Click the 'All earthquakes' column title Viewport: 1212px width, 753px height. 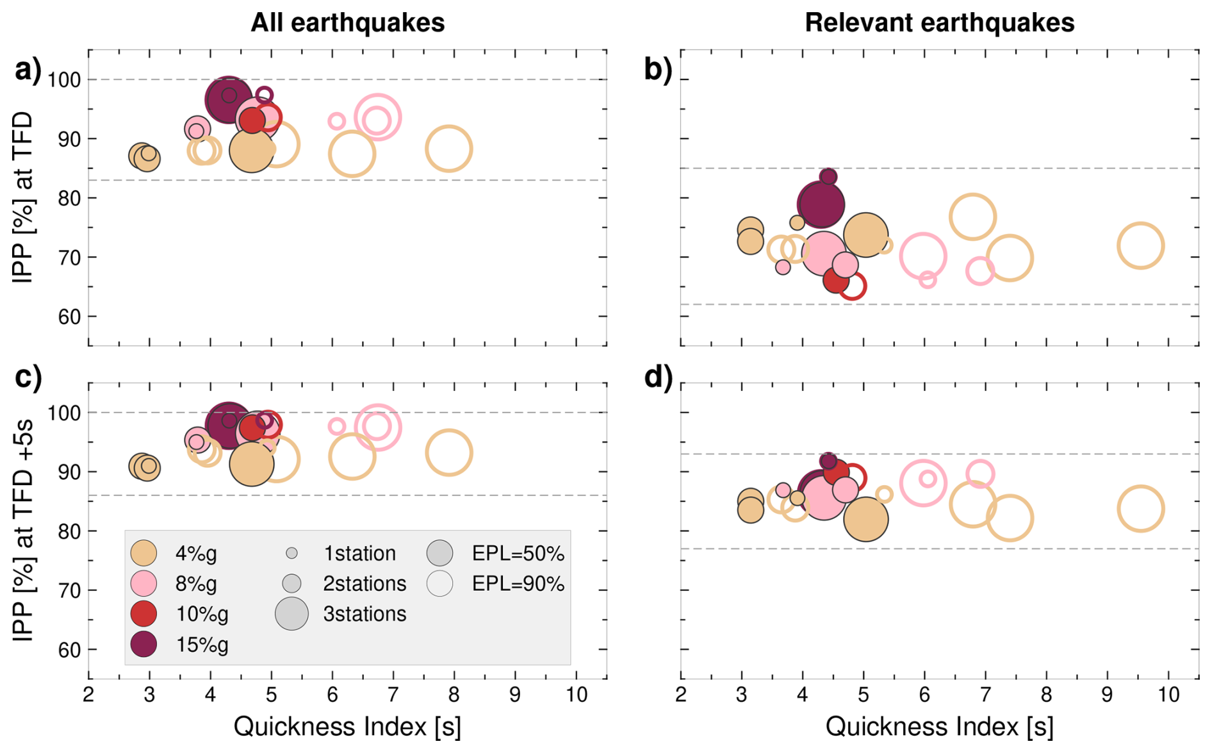tap(347, 23)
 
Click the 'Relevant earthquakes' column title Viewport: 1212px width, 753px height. tap(939, 23)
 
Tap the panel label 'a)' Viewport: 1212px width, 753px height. tap(28, 69)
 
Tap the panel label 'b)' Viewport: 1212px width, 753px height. tap(658, 69)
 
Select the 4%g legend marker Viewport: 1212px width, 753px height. tap(143, 553)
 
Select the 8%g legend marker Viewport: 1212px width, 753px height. tap(143, 583)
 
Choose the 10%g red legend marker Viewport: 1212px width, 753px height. tap(143, 613)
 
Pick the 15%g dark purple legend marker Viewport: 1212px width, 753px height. tap(143, 644)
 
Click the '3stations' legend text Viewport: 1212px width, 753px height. tap(364, 614)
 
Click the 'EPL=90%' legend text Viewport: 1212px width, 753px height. tap(518, 584)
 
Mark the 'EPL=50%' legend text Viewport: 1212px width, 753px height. tap(518, 553)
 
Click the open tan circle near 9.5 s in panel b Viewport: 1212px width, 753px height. tap(1140, 245)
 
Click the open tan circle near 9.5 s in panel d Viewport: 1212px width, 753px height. tap(1140, 509)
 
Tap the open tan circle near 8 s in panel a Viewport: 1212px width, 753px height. tap(449, 149)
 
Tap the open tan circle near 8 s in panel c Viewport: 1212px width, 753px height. tap(449, 452)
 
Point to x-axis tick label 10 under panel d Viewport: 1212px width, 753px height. tap(1168, 694)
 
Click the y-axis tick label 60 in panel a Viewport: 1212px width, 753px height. tap(69, 317)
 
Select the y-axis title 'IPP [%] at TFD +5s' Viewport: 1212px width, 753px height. tap(23, 531)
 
